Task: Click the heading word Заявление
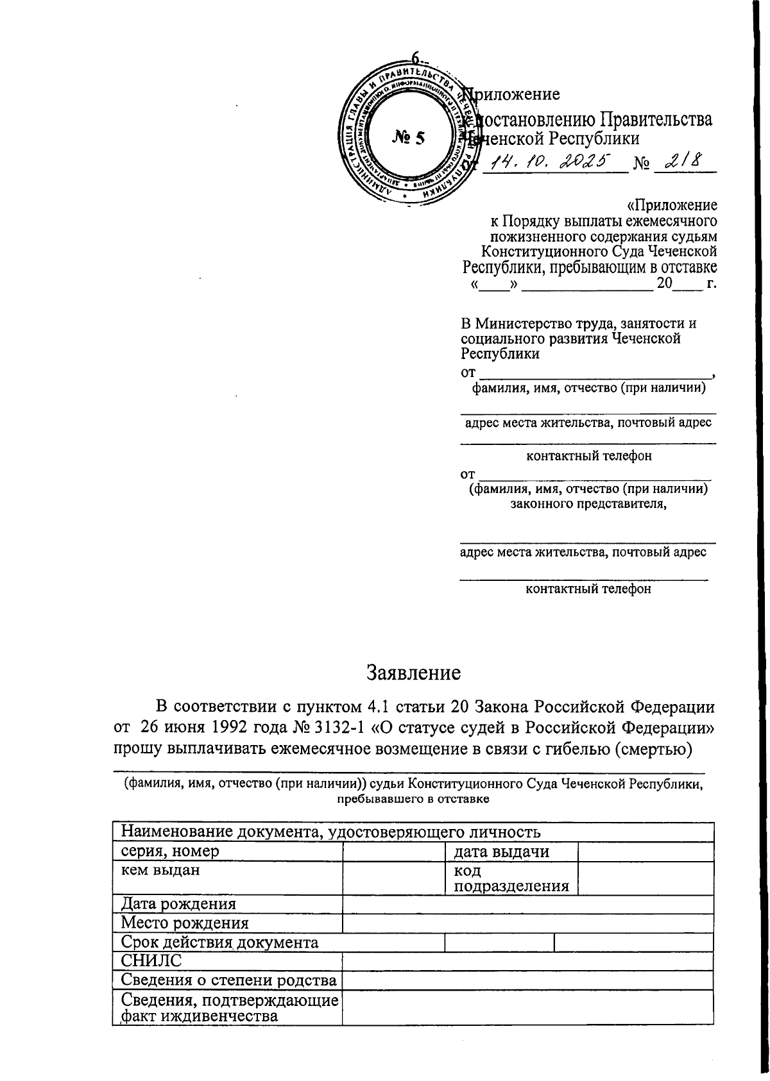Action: click(413, 673)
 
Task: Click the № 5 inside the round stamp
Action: click(408, 137)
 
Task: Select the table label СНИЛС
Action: click(151, 960)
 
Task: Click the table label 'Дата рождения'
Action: click(179, 904)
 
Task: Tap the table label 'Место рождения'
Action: click(185, 923)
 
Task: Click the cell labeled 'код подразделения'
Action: click(511, 879)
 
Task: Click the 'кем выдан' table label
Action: click(160, 870)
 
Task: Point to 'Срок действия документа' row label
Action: click(220, 943)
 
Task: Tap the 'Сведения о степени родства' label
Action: click(229, 980)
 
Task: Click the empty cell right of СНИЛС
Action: click(527, 961)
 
